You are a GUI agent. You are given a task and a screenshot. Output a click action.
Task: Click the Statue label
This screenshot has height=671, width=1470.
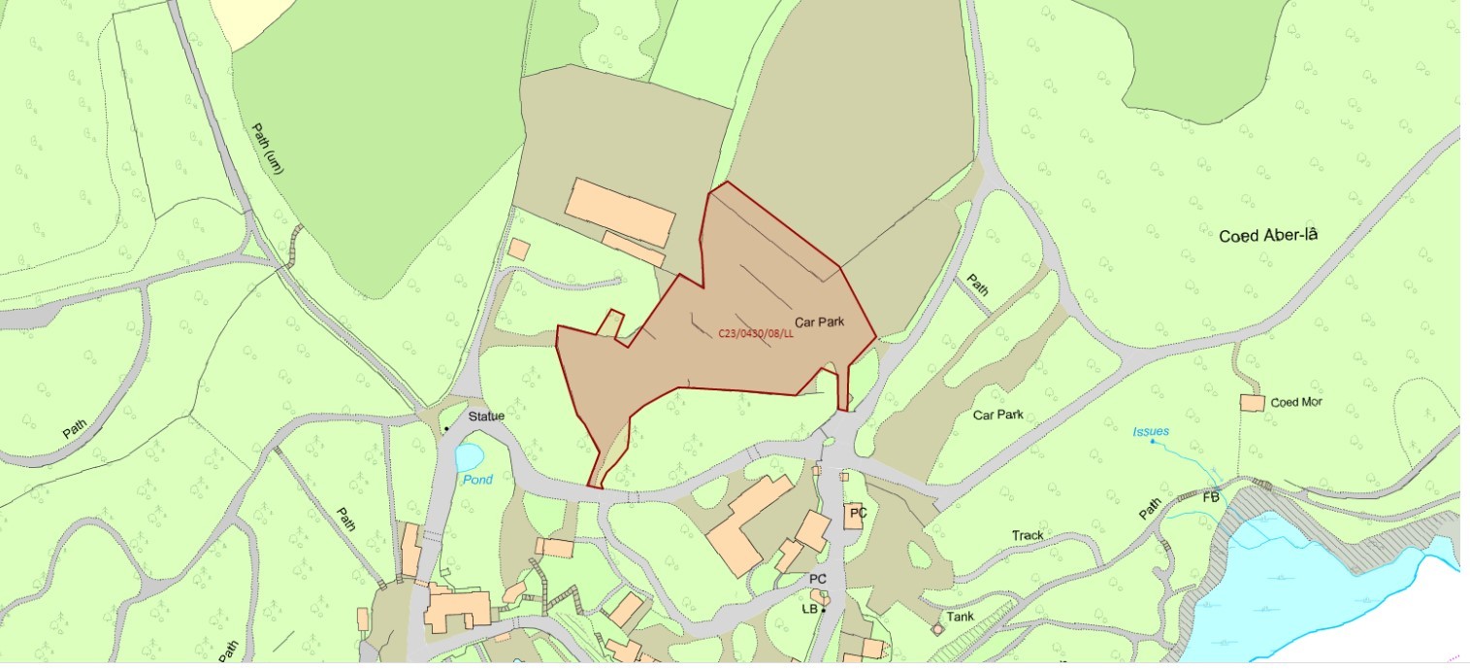point(487,417)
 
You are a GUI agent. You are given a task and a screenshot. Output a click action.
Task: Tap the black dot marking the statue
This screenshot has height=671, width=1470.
point(446,428)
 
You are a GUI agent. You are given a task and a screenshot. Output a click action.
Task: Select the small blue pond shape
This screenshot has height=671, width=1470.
point(470,456)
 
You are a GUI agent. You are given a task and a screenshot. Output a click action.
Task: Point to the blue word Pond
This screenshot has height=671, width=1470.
point(477,480)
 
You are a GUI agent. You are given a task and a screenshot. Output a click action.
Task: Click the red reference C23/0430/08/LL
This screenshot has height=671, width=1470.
point(756,333)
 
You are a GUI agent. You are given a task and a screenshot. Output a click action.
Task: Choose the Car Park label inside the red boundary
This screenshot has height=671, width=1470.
point(820,321)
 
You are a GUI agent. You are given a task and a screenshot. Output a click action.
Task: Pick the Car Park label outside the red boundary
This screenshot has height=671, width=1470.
point(998,415)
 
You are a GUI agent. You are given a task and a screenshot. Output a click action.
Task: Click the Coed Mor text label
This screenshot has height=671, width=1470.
point(1296,402)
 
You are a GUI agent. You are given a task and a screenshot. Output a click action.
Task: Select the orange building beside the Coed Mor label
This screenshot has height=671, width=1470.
point(1252,402)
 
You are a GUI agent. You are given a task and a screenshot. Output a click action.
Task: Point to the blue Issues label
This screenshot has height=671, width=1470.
point(1151,431)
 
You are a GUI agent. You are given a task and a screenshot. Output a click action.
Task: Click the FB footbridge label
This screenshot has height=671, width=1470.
point(1211,497)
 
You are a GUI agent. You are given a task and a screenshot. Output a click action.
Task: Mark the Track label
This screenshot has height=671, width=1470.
point(1028,535)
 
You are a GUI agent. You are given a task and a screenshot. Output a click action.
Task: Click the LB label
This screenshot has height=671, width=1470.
point(810,609)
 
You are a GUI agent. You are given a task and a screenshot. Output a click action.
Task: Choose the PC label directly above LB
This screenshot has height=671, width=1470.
point(818,579)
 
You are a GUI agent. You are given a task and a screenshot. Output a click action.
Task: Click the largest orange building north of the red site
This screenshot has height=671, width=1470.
point(619,213)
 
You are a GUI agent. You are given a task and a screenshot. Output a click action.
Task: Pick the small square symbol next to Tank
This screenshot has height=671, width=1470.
point(937,629)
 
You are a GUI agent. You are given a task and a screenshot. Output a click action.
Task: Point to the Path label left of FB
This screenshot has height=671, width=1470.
point(1150,507)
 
